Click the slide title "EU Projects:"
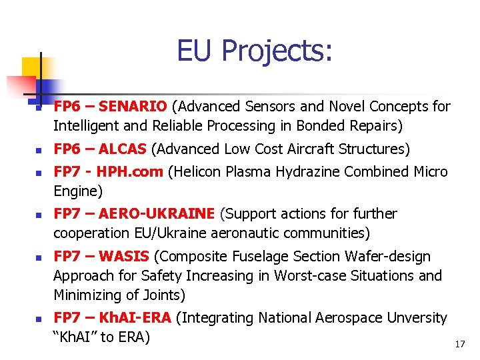pyautogui.click(x=254, y=51)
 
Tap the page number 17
pyautogui.click(x=459, y=344)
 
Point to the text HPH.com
pyautogui.click(x=129, y=172)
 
